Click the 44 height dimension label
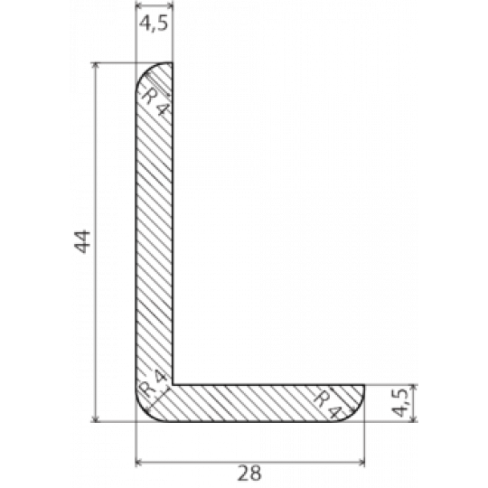pos(82,242)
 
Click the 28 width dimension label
pos(249,473)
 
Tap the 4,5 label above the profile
pos(154,23)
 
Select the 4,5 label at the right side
pos(400,402)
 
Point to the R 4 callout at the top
pos(156,102)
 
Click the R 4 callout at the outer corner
pos(154,385)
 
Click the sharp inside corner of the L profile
pos(173,385)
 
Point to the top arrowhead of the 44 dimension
pos(96,65)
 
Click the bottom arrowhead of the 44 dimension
pos(96,419)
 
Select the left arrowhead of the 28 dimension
pos(139,462)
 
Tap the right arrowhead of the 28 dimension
pos(361,462)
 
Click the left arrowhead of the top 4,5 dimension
pos(139,5)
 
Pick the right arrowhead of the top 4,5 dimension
pos(170,5)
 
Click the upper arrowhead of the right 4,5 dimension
pos(414,388)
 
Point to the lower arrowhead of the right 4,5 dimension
pos(414,419)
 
